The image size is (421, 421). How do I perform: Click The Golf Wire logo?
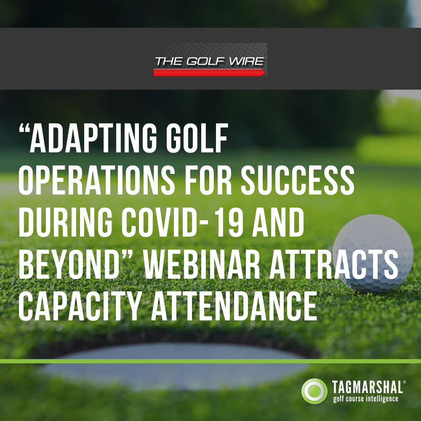[210, 60]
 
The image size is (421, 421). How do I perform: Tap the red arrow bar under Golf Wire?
[209, 72]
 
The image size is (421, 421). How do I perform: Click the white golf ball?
[373, 253]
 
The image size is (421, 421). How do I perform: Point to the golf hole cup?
[176, 365]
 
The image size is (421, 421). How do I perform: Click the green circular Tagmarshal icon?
[314, 391]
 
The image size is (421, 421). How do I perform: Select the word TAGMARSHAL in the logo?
[368, 387]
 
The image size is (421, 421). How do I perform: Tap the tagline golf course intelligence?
[365, 399]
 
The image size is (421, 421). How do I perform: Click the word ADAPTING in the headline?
[93, 138]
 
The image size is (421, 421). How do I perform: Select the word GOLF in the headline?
[197, 138]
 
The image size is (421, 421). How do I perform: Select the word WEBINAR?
[201, 264]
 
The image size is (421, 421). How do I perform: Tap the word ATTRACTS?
[334, 264]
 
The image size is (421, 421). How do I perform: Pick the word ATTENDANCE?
[234, 306]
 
